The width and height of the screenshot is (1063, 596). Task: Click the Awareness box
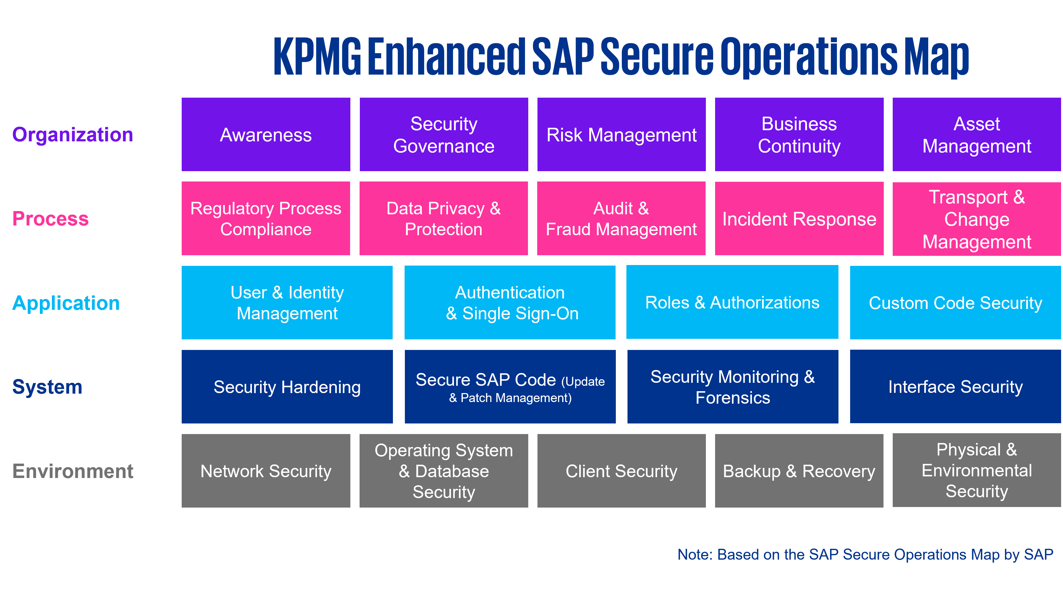[266, 135]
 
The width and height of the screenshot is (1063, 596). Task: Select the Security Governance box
[444, 135]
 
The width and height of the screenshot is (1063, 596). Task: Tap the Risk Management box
[622, 135]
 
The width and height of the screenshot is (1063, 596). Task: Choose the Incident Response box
[799, 219]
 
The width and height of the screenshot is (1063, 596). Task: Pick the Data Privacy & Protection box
[444, 219]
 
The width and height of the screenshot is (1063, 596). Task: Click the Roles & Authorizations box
[732, 302]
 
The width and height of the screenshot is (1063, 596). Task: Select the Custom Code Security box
[955, 302]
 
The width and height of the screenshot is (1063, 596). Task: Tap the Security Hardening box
[287, 387]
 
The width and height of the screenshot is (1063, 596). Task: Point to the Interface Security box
[955, 387]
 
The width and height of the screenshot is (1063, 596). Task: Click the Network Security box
[266, 471]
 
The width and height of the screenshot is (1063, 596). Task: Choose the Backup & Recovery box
[799, 471]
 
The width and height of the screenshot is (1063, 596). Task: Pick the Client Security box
[622, 471]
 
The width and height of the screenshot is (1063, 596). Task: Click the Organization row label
[73, 135]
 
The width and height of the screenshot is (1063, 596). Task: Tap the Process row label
[50, 219]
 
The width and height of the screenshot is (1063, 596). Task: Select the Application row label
[66, 303]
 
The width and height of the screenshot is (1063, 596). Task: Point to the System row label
[47, 387]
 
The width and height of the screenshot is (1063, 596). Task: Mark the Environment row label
[73, 471]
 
